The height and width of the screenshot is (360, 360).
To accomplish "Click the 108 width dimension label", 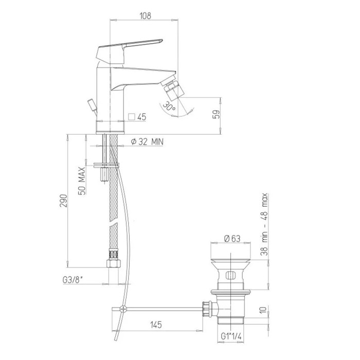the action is tap(146, 15).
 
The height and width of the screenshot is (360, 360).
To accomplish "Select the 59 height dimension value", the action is tap(217, 114).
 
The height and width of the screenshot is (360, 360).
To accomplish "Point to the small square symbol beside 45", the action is tap(132, 117).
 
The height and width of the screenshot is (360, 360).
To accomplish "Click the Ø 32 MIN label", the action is tap(147, 141).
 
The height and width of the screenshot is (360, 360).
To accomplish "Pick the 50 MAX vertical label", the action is tap(82, 181).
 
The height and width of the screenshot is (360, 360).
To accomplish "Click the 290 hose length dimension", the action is tap(64, 201).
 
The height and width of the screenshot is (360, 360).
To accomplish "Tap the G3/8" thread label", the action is tap(73, 280).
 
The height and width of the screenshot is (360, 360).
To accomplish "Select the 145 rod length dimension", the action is tap(156, 325).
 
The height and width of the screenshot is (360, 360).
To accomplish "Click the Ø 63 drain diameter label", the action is tap(232, 239).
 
